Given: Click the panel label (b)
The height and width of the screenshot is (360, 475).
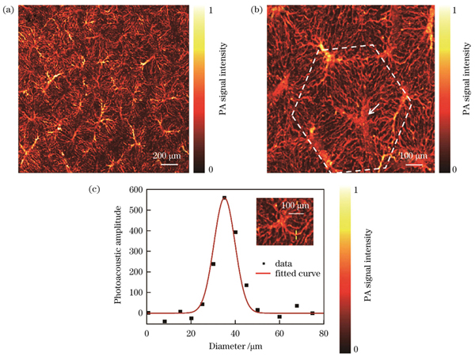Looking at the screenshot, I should pos(256,9).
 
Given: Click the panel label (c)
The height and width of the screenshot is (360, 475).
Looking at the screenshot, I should pos(96,191).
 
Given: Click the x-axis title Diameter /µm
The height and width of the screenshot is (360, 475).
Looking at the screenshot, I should pos(236,347).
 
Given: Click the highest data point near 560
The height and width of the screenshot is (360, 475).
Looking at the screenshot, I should pos(224,198).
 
